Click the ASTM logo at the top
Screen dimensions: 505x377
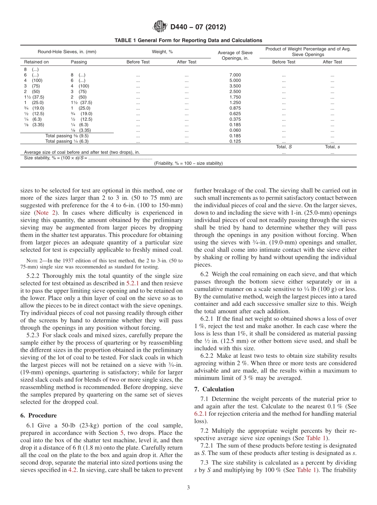pos(160,27)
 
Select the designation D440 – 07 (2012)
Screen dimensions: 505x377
pos(198,27)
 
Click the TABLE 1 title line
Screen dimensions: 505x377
pos(188,40)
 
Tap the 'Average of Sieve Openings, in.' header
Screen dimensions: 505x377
pos(235,55)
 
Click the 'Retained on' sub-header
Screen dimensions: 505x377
pos(37,62)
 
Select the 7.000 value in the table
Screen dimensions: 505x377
pos(235,75)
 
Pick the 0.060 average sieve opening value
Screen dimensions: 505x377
pos(235,130)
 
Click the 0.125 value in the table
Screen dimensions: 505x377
pos(235,141)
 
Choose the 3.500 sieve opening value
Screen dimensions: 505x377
pos(235,86)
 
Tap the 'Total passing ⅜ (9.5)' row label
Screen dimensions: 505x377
pos(67,136)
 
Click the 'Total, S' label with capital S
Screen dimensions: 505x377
pos(284,147)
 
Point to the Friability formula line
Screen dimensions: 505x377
pos(188,163)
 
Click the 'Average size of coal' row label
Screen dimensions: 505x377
pos(82,152)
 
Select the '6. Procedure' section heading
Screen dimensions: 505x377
pos(38,415)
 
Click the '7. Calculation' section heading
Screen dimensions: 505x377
pos(214,389)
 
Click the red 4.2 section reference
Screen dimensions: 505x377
pos(72,470)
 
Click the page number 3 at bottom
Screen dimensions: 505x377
pos(188,488)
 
